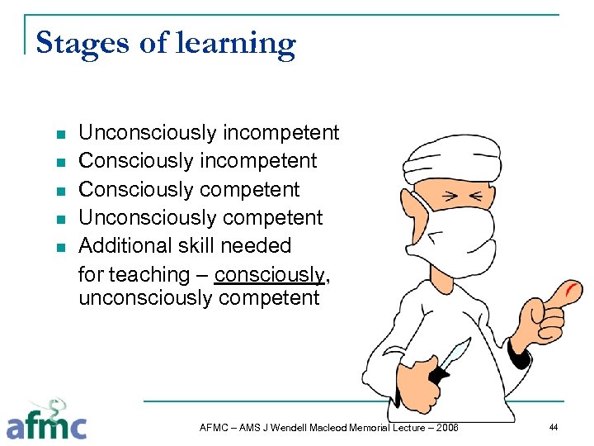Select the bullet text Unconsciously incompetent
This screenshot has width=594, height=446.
pyautogui.click(x=208, y=132)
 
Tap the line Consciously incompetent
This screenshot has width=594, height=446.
pyautogui.click(x=197, y=160)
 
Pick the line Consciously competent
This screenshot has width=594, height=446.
pyautogui.click(x=189, y=189)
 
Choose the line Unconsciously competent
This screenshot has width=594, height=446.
pyautogui.click(x=200, y=217)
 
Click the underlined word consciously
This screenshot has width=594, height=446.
pyautogui.click(x=269, y=274)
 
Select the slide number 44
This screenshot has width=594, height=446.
pyautogui.click(x=553, y=427)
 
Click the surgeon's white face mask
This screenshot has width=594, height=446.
pyautogui.click(x=462, y=231)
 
